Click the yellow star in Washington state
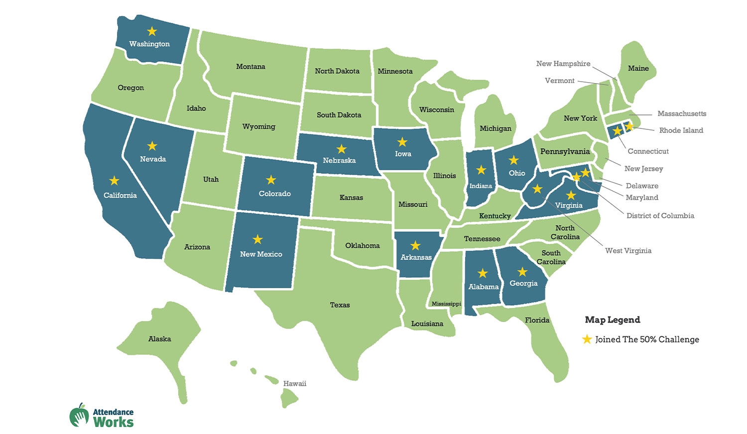[152, 31]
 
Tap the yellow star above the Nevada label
[152, 146]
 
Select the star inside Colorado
[271, 180]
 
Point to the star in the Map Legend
[587, 339]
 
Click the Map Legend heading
[612, 320]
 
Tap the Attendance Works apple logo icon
[79, 415]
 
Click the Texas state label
[340, 305]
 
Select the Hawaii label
[295, 383]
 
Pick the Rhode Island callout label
[681, 130]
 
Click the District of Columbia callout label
[660, 216]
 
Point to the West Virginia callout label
[628, 250]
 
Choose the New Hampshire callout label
[563, 64]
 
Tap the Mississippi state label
[446, 304]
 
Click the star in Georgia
[522, 272]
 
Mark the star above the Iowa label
[402, 142]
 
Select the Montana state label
[250, 66]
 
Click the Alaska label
[159, 338]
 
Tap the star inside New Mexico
[257, 239]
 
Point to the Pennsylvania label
[565, 151]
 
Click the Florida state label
[537, 320]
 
